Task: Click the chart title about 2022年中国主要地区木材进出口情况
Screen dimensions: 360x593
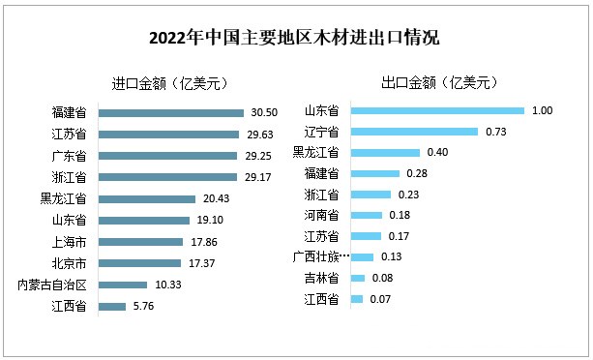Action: [x=295, y=40]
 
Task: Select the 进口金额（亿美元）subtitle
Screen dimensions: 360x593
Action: [x=170, y=82]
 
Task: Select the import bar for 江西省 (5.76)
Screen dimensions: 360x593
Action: [x=112, y=307]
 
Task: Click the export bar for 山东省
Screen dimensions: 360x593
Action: [x=437, y=110]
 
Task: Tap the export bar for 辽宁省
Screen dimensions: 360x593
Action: [x=414, y=132]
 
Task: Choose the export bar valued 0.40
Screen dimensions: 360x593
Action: [x=385, y=152]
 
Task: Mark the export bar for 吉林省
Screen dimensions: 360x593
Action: [x=358, y=279]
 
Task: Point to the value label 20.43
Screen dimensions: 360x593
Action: [x=217, y=198]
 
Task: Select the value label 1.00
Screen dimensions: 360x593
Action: [x=542, y=110]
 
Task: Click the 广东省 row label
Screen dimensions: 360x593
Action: [x=69, y=156]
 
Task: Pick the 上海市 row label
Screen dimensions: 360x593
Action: [x=69, y=242]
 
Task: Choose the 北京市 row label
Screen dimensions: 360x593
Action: [x=69, y=263]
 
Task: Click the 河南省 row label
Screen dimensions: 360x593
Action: [x=320, y=215]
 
